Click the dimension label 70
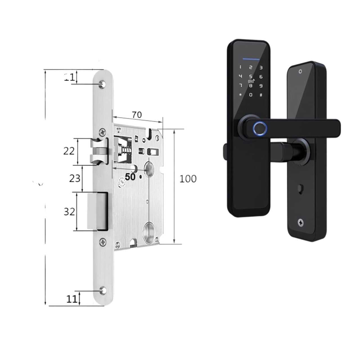pyautogui.click(x=137, y=115)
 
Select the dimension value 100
pyautogui.click(x=188, y=179)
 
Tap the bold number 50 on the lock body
pyautogui.click(x=130, y=177)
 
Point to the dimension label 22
pyautogui.click(x=69, y=151)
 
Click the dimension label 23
pyautogui.click(x=75, y=178)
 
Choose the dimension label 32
pyautogui.click(x=69, y=211)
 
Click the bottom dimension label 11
pyautogui.click(x=72, y=299)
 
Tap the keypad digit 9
pyautogui.click(x=261, y=86)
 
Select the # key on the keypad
pyautogui.click(x=261, y=95)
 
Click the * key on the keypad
pyautogui.click(x=240, y=95)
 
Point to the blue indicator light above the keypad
pyautogui.click(x=251, y=59)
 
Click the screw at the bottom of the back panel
pyautogui.click(x=300, y=223)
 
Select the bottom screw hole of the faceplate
pyautogui.click(x=103, y=290)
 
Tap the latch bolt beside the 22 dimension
pyautogui.click(x=99, y=151)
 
